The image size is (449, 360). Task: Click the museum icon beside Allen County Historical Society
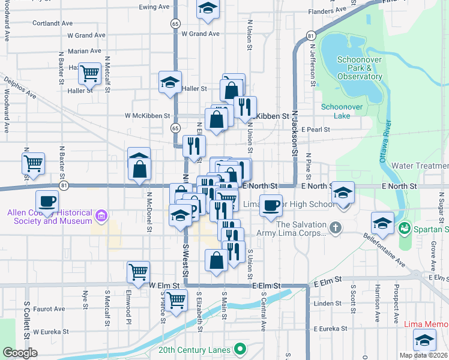click(x=101, y=215)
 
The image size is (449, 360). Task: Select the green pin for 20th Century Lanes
click(x=240, y=349)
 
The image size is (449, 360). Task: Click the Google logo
click(x=20, y=353)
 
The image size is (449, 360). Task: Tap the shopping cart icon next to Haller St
click(x=89, y=74)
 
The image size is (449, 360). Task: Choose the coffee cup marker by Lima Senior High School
click(x=271, y=205)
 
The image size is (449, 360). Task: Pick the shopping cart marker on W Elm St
click(x=139, y=272)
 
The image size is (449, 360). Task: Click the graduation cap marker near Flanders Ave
click(x=208, y=9)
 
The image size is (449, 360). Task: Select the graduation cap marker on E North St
click(x=343, y=193)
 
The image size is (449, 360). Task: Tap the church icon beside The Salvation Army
click(x=335, y=228)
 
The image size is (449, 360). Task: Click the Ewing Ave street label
click(x=155, y=7)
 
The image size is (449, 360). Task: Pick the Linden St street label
click(x=327, y=304)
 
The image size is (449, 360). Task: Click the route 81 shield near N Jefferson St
click(x=310, y=36)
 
